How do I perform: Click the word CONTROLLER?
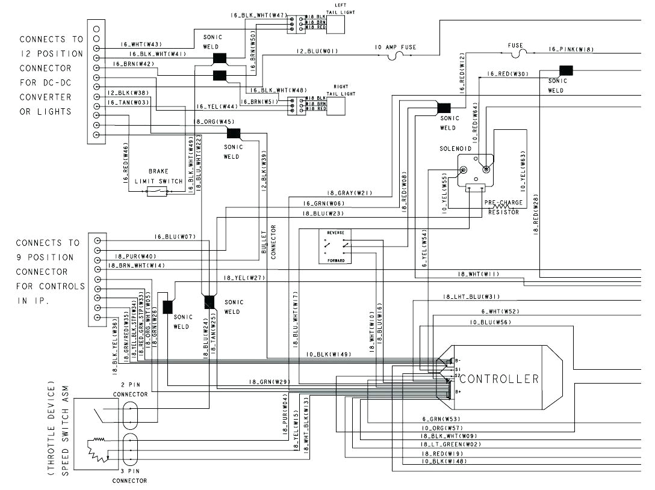coord(499,379)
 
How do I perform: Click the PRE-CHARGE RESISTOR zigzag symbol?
coord(499,206)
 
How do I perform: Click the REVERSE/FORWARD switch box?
coord(335,246)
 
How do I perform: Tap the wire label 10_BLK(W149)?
coord(328,354)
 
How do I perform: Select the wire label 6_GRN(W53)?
coord(441,418)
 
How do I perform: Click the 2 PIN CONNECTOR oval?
coord(130,415)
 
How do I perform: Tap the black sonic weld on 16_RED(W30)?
coord(565,70)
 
